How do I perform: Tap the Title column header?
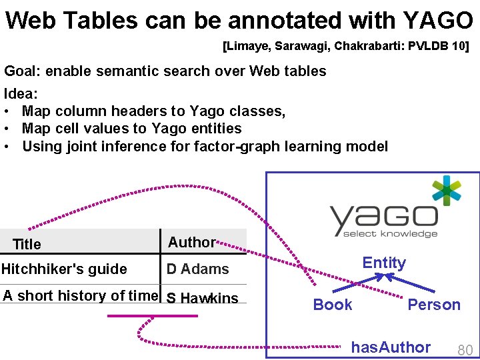click(x=27, y=244)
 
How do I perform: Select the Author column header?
click(x=191, y=242)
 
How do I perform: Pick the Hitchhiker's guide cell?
click(x=64, y=269)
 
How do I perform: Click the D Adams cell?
click(x=197, y=269)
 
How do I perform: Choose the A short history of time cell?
click(x=81, y=296)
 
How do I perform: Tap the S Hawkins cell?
click(x=202, y=298)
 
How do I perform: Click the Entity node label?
click(x=384, y=263)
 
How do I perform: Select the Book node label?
click(x=333, y=305)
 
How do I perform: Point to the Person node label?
click(x=434, y=305)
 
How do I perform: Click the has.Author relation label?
click(x=391, y=347)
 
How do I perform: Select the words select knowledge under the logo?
click(x=390, y=233)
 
